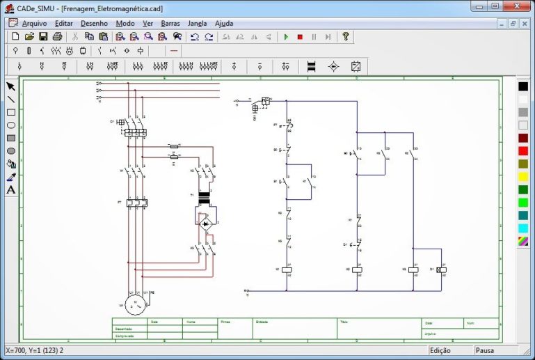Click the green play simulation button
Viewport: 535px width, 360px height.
[285, 37]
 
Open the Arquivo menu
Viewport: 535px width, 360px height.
[34, 23]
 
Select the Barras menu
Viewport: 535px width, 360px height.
[170, 23]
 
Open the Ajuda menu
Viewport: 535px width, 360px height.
[224, 23]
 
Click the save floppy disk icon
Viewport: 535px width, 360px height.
[43, 37]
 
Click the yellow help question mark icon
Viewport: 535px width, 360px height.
[345, 37]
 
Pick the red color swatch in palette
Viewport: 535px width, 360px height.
[522, 151]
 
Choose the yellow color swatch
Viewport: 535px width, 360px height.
[522, 177]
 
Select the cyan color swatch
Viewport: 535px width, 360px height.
[522, 228]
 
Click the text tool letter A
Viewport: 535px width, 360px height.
[11, 190]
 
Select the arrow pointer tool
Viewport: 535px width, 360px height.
[11, 86]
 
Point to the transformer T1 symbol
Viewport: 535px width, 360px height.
[204, 199]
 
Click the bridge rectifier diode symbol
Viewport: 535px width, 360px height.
[205, 224]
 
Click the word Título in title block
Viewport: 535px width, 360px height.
[344, 322]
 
